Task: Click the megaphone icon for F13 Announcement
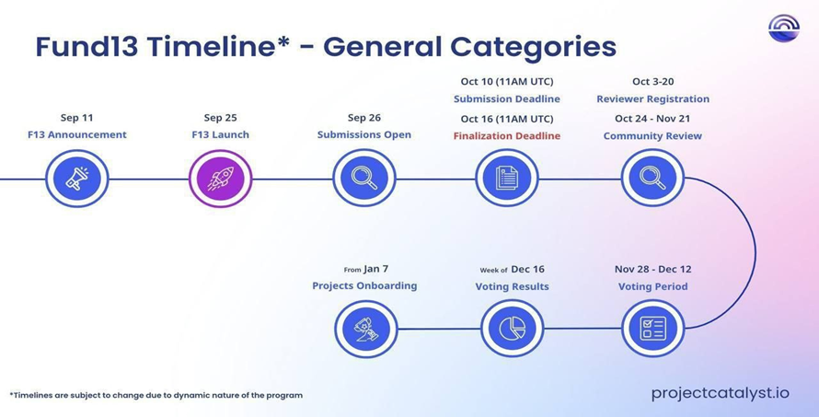point(76,179)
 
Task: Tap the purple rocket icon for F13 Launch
point(221,179)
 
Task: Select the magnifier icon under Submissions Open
point(364,179)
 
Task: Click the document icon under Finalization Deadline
point(507,179)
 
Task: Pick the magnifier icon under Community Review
point(652,179)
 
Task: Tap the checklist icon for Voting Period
point(653,329)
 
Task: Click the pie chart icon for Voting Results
point(512,329)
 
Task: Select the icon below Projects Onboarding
point(365,329)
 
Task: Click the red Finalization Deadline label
point(507,136)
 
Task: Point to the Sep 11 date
point(76,118)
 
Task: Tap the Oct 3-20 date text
point(653,81)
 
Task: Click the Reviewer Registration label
point(653,98)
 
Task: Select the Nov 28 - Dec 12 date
point(653,269)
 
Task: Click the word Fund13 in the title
point(87,47)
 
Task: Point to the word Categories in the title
point(534,48)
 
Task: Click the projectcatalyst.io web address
point(721,393)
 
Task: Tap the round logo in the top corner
point(784,29)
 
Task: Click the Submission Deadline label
point(507,98)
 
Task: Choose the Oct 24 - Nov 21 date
point(652,118)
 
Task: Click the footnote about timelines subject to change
point(156,395)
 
